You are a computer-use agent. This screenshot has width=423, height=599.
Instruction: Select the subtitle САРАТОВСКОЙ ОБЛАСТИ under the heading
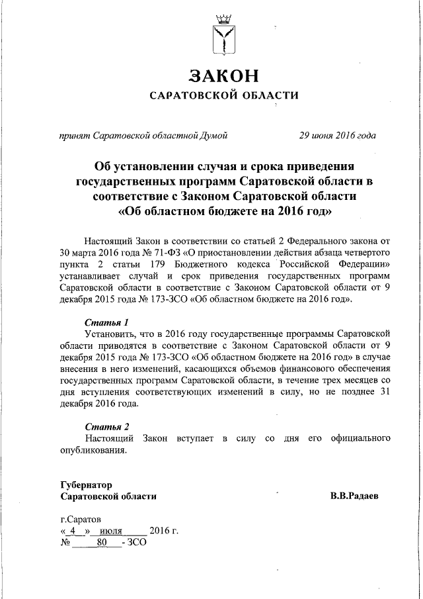click(x=223, y=95)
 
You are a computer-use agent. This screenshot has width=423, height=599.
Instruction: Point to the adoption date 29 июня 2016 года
click(x=338, y=136)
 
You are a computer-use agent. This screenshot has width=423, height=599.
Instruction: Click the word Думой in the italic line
click(x=215, y=136)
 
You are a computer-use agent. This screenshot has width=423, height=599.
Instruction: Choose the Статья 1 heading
click(x=106, y=321)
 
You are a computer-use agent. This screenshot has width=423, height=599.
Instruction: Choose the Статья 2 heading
click(x=106, y=426)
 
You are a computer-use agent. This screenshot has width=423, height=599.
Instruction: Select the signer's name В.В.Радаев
click(x=355, y=496)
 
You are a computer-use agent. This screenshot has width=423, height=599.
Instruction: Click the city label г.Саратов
click(x=81, y=520)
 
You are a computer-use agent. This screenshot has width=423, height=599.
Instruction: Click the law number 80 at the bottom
click(x=101, y=543)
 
